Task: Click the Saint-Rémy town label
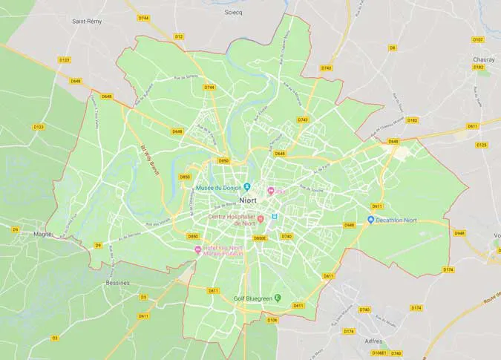coord(87,22)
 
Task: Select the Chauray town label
coord(483,59)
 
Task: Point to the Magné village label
coord(42,234)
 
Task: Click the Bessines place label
coord(117,283)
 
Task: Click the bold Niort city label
coord(249,200)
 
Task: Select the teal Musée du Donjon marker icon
coord(247,187)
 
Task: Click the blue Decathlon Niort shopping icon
coord(370,220)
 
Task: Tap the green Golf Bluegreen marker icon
coord(278,298)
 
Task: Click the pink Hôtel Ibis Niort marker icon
coord(198,249)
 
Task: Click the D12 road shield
coord(179,36)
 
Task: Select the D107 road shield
coord(478,39)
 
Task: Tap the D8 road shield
coord(393,48)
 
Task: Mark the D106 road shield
coord(272,320)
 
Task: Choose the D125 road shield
coord(481,145)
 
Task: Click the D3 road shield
coord(54,338)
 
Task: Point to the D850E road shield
coord(259,238)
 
